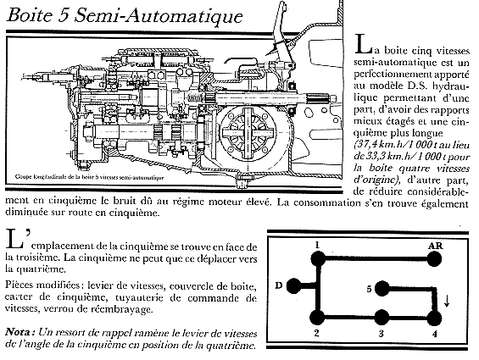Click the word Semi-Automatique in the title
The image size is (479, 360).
coord(159,15)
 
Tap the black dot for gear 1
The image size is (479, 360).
coord(318,259)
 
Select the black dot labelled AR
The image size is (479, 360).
coord(434,259)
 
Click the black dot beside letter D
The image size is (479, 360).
coord(294,286)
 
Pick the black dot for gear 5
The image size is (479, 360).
coord(382,289)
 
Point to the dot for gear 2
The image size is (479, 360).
coord(317,318)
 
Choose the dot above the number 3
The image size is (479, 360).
coord(382,318)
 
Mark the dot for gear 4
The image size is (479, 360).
coord(434,318)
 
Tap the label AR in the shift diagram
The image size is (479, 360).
coord(435,246)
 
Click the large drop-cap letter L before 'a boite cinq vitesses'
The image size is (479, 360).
coord(363,44)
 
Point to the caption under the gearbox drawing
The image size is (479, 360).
coord(89,177)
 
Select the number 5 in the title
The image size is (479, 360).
coord(64,15)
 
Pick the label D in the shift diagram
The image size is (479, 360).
coord(278,285)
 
